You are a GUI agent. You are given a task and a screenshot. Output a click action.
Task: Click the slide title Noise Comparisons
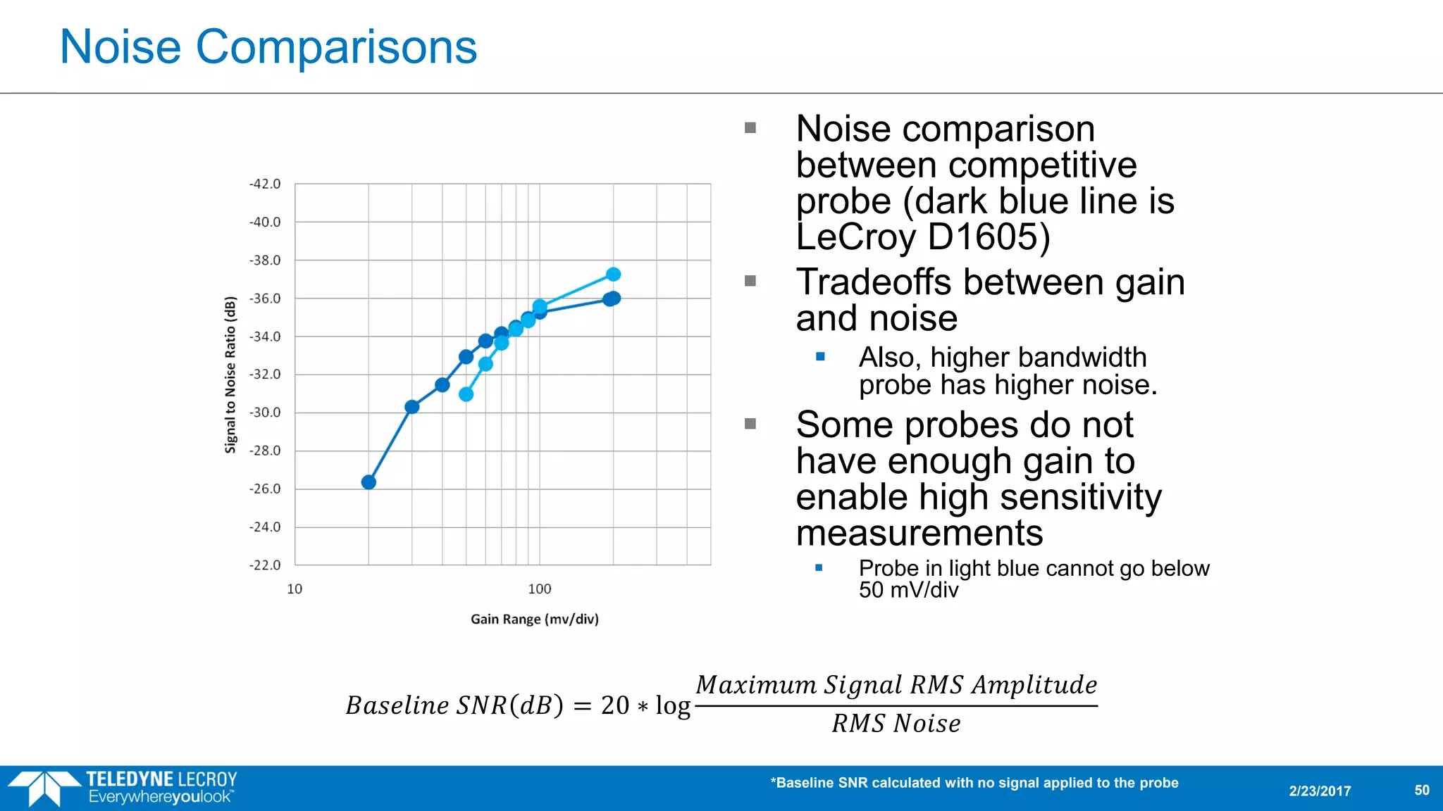(x=268, y=47)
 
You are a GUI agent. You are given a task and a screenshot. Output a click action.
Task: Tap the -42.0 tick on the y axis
(x=264, y=184)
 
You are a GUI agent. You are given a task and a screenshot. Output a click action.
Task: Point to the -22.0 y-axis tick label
(x=264, y=565)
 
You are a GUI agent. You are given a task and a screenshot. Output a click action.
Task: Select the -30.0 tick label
(x=264, y=412)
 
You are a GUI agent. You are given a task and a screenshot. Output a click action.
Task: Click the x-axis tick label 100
(x=539, y=589)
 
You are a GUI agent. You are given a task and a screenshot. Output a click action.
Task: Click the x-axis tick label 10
(x=295, y=589)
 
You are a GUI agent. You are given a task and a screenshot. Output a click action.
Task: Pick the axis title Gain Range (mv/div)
(x=534, y=619)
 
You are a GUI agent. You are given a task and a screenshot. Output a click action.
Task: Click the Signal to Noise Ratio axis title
(x=230, y=374)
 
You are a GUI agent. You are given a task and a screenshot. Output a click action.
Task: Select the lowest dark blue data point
(x=369, y=482)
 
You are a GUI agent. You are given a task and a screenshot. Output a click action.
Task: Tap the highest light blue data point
(x=613, y=275)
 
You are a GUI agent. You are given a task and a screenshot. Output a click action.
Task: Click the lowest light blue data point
(x=466, y=394)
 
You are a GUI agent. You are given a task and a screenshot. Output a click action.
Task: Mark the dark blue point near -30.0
(x=412, y=407)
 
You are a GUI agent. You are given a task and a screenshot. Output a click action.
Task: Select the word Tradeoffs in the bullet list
(x=874, y=282)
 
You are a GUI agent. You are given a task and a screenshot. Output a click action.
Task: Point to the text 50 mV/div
(x=908, y=590)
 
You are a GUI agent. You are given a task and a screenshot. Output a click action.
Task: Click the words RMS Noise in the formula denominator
(x=896, y=724)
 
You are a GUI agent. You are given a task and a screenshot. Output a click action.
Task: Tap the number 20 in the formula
(x=614, y=705)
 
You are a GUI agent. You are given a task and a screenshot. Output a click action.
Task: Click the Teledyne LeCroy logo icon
(x=44, y=788)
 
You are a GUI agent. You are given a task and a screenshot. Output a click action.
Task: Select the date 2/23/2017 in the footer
(x=1320, y=791)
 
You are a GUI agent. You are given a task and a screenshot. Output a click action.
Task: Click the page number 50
(x=1421, y=790)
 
